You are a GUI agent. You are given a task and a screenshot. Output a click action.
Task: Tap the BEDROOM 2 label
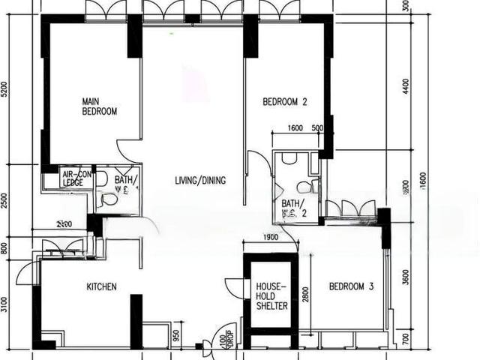(285, 102)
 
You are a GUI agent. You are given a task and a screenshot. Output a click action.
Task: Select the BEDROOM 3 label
(351, 286)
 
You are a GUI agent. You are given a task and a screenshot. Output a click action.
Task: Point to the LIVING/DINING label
(199, 181)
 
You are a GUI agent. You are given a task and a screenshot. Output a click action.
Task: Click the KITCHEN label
(101, 286)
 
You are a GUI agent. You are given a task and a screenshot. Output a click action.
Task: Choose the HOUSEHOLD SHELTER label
(270, 296)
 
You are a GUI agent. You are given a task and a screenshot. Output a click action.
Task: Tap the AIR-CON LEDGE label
(76, 178)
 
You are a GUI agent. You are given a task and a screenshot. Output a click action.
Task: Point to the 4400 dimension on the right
(406, 86)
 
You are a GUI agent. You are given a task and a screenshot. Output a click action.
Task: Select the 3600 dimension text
(406, 277)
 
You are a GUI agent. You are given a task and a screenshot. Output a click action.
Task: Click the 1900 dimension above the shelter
(271, 238)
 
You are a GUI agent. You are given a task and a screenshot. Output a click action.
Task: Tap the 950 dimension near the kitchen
(175, 335)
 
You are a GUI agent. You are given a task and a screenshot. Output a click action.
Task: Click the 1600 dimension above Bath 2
(295, 128)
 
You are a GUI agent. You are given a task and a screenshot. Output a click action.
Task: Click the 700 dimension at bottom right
(406, 340)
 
